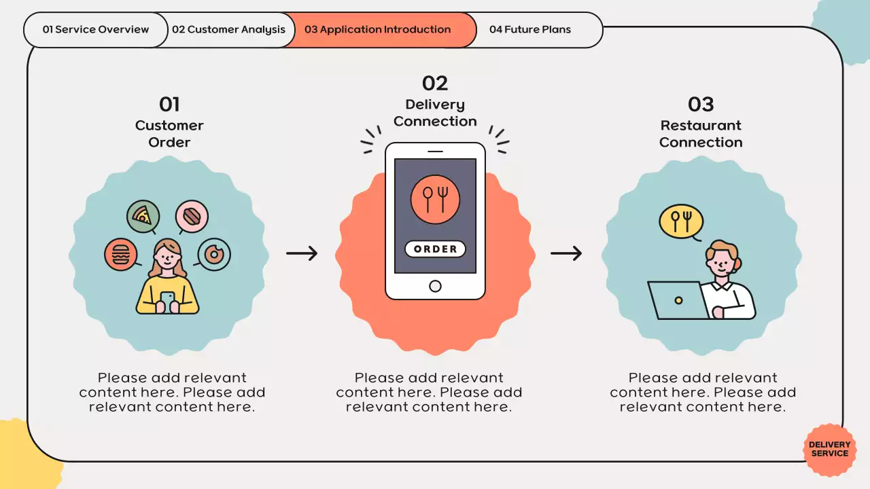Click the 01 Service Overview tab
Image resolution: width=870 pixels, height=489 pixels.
pos(96,30)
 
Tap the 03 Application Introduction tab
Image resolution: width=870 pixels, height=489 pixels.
pos(378,30)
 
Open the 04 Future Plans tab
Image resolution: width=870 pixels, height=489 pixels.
pos(530,30)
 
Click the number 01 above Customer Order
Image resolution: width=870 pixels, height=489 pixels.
pos(169,105)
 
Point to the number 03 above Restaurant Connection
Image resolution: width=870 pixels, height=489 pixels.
pos(701,105)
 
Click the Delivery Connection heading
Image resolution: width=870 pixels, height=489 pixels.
pos(435,113)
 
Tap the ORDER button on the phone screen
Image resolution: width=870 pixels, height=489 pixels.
pos(435,249)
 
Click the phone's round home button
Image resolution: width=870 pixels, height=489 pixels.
pos(435,286)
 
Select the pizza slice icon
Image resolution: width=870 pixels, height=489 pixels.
pos(143,217)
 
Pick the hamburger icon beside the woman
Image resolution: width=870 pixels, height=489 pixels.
pos(121,255)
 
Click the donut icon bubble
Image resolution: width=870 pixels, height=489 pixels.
pos(214,255)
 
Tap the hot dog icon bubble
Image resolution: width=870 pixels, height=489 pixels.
pos(192,217)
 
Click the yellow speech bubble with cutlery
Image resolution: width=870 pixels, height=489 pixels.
pos(680,221)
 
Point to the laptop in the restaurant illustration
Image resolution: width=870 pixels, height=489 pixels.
pos(677,300)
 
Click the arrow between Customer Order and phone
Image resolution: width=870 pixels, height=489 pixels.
pos(302,253)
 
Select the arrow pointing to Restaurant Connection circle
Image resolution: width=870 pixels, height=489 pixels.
pos(566,253)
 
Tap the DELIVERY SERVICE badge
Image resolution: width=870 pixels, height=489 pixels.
pos(829,449)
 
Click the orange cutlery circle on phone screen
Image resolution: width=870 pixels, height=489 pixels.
pos(435,200)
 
